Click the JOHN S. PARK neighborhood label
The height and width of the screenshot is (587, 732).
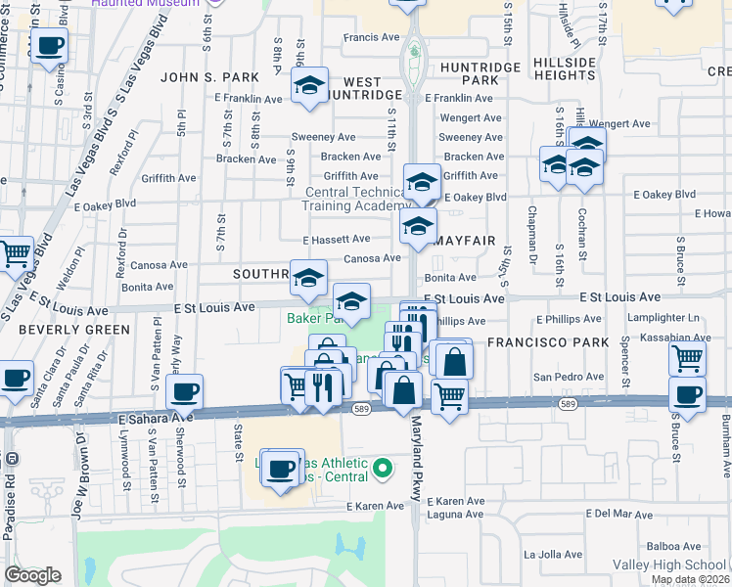209,77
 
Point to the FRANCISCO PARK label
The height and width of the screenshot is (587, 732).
535,342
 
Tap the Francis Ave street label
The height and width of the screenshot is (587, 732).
371,38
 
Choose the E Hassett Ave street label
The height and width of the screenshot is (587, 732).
336,239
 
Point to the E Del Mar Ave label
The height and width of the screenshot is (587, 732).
618,513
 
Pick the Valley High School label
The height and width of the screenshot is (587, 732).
668,565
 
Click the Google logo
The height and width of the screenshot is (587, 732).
32,575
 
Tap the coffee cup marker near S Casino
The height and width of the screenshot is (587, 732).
49,45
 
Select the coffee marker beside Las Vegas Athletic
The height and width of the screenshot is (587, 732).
281,469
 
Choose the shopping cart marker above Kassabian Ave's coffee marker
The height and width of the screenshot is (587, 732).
687,359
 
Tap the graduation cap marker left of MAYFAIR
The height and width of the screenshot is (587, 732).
417,228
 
